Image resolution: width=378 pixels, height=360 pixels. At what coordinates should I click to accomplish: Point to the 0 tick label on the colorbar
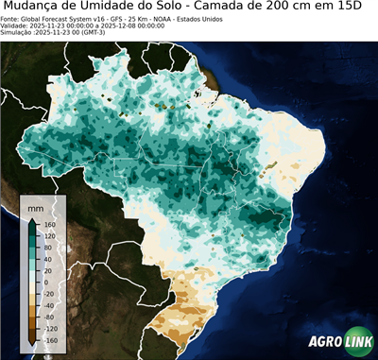(x=46, y=282)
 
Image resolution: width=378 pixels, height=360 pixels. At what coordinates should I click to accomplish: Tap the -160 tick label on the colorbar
(x=52, y=339)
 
